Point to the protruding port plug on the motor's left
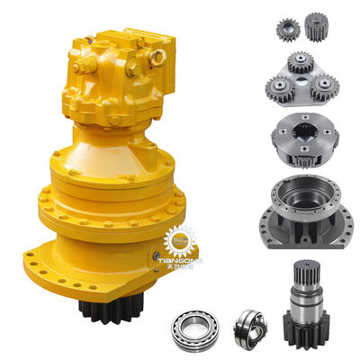[78, 64]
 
